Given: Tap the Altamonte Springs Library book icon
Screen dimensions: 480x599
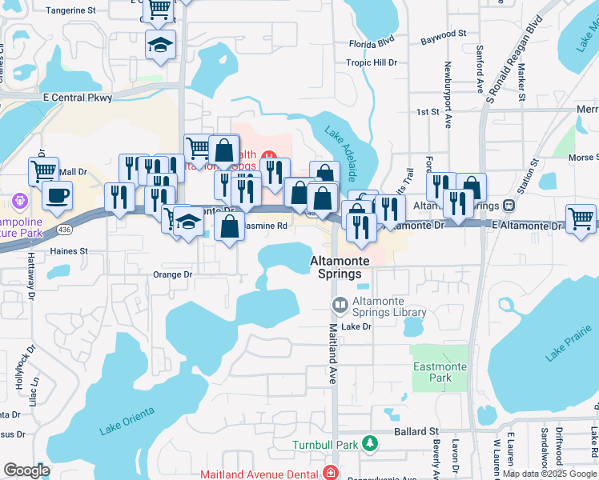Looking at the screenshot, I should point(340,305).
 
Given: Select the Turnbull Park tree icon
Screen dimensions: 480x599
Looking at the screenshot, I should point(369,442).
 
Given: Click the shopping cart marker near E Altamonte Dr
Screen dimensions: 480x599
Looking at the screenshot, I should point(581,218).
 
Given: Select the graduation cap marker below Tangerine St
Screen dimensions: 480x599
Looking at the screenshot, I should point(160,45).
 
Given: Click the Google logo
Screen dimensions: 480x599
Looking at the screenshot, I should point(26,470).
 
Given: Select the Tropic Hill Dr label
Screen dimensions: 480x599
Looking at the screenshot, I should point(372,62).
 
